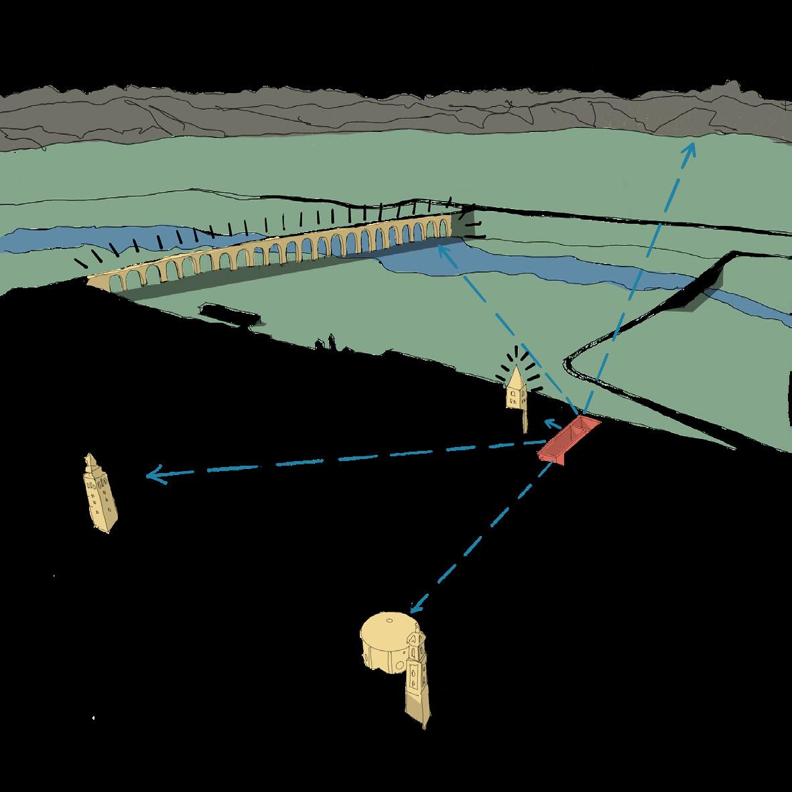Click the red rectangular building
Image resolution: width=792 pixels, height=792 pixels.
[568, 439]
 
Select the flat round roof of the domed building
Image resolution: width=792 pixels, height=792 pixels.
[386, 626]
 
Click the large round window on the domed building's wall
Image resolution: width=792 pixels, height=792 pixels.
[397, 666]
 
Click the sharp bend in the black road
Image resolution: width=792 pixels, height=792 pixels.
[570, 362]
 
